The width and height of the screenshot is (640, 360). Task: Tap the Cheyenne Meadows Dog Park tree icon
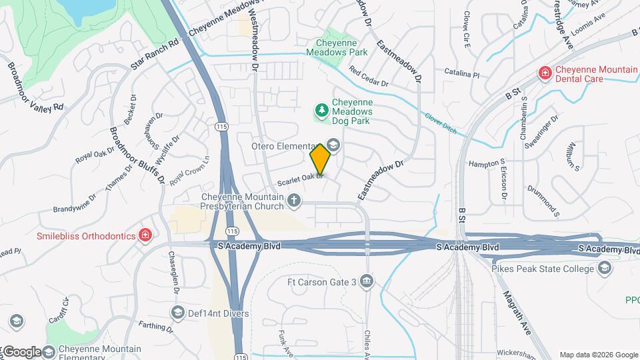[322, 109]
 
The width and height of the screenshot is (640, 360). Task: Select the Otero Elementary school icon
[333, 145]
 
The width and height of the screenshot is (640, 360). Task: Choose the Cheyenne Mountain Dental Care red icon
[545, 72]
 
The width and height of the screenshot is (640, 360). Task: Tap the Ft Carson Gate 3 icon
[366, 281]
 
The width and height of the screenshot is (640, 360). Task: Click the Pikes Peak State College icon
[604, 269]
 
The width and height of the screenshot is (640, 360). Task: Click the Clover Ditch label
[441, 123]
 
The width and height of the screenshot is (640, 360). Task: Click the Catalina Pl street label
[462, 73]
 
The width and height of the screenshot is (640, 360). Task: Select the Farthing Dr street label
[156, 327]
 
